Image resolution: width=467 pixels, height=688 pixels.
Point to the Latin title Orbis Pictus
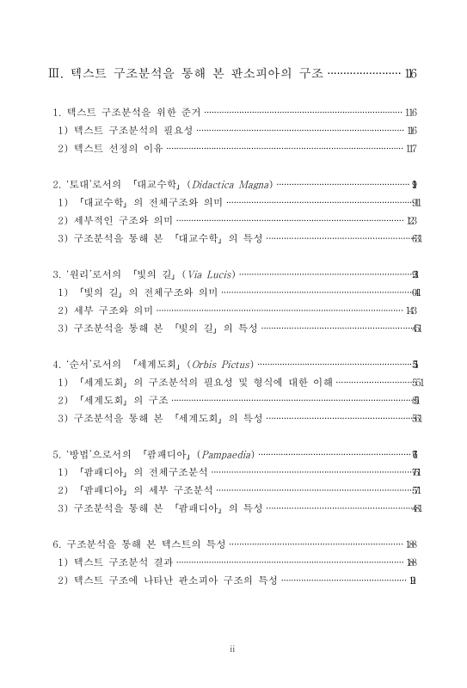click(218, 365)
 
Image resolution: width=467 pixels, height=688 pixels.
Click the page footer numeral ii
click(232, 648)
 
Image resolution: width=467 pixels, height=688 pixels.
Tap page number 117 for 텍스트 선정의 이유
click(411, 148)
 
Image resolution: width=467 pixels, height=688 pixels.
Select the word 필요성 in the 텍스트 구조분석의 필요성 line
click(175, 131)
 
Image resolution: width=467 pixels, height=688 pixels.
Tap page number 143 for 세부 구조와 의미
click(411, 310)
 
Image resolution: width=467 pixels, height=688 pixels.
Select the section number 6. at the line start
click(57, 544)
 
